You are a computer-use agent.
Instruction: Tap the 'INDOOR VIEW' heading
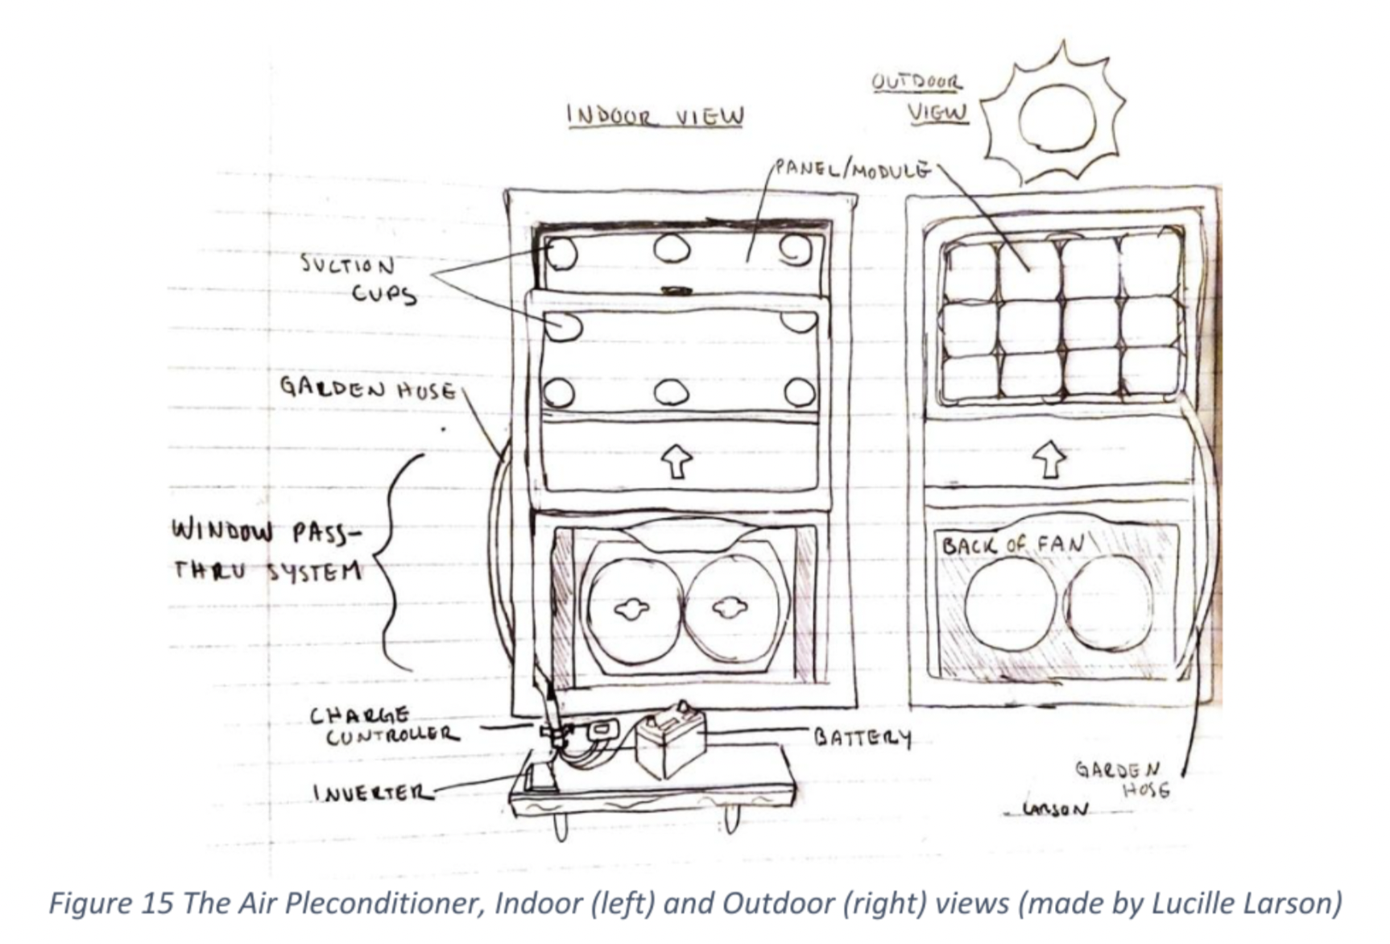pos(655,116)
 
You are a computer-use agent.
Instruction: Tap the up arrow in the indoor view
pos(676,461)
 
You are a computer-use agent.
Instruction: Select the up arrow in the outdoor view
pos(1049,459)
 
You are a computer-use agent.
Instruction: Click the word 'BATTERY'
pos(863,737)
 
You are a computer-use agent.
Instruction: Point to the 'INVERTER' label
pos(372,793)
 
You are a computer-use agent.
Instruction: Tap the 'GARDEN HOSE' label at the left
pos(367,389)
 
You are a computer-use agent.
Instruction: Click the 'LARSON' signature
pos(1054,808)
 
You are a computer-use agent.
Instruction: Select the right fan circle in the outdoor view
pos(1110,602)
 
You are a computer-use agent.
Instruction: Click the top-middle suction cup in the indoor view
pos(671,248)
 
